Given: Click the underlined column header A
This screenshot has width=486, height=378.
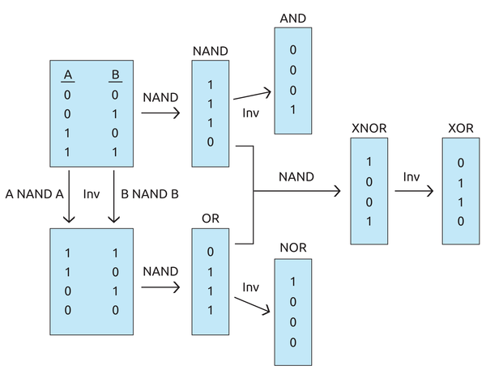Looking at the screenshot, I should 68,76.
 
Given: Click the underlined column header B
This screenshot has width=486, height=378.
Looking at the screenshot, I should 114,76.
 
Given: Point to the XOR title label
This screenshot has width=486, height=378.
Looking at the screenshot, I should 460,129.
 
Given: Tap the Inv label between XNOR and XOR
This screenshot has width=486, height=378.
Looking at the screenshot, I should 411,176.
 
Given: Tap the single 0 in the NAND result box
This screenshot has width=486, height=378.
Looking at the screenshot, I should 211,142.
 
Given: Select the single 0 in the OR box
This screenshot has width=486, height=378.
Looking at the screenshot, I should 211,252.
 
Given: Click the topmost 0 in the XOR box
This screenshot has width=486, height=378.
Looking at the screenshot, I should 460,161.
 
